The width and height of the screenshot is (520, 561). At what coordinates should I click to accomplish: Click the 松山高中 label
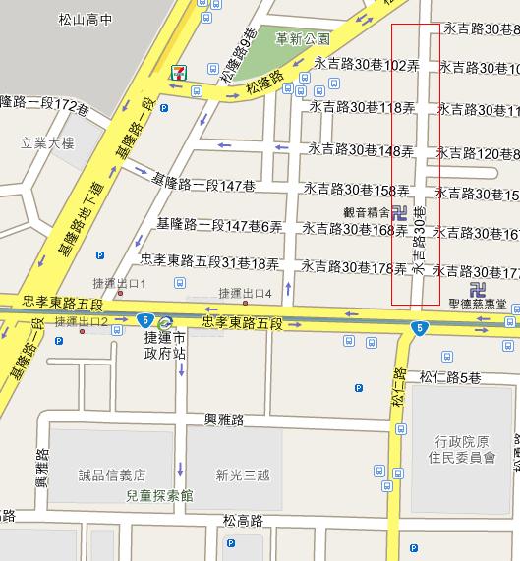86,18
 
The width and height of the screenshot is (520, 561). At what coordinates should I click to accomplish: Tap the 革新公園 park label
303,39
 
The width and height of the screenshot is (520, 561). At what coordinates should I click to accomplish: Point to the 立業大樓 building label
34,140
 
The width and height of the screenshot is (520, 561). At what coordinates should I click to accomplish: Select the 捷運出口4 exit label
245,292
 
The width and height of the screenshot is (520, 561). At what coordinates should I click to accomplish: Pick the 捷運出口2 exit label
81,321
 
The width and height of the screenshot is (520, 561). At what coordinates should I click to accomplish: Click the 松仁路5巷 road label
449,377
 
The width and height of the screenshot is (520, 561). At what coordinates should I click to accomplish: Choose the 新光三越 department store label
242,474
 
